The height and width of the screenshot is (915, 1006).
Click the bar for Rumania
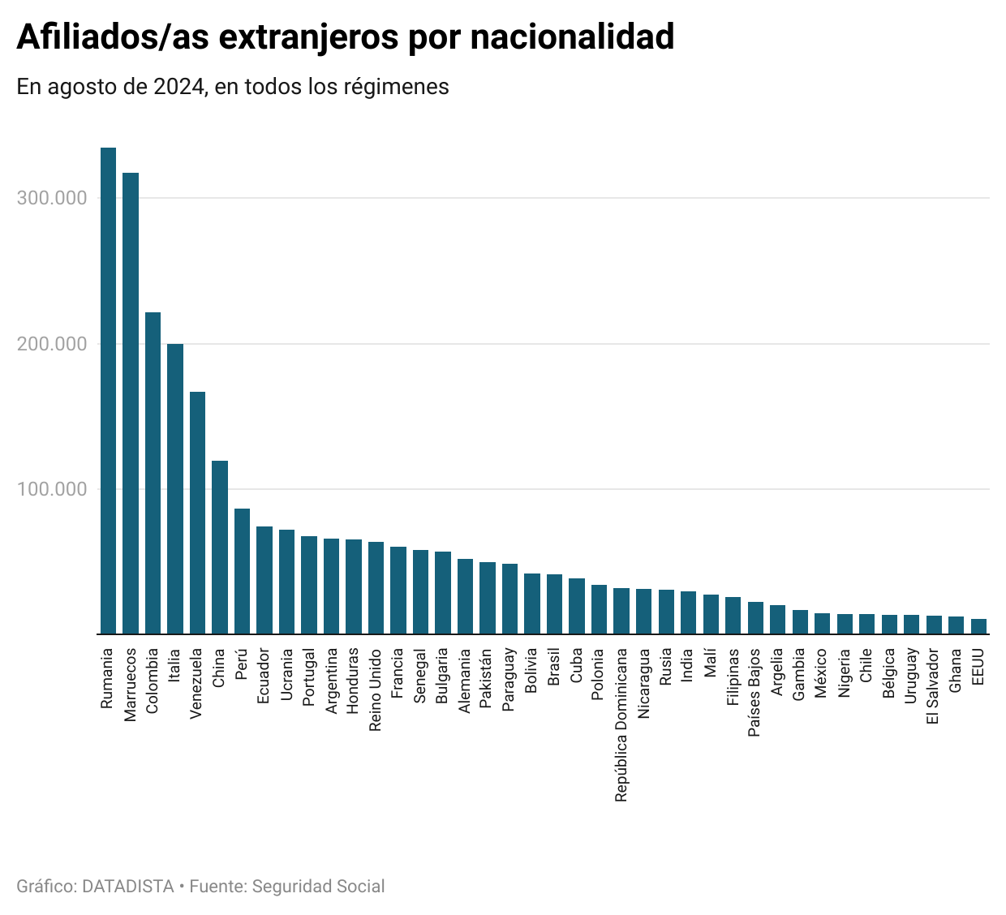click(x=108, y=390)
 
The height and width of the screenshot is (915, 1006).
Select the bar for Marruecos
click(x=131, y=403)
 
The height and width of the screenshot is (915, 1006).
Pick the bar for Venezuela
click(x=197, y=513)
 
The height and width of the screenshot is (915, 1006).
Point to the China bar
click(x=220, y=548)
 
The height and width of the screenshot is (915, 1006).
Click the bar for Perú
click(x=242, y=571)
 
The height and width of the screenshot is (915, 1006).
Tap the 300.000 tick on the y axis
click(x=52, y=199)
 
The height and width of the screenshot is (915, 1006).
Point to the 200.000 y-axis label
click(x=52, y=344)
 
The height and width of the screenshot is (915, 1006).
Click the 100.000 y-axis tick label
click(x=52, y=489)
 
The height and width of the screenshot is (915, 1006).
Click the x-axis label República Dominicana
click(x=621, y=724)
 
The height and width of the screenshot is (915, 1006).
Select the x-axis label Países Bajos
click(x=754, y=692)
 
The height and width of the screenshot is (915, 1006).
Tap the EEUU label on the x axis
click(x=978, y=666)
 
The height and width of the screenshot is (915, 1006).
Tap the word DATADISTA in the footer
click(x=128, y=887)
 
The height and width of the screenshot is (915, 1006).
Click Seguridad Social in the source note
click(x=318, y=887)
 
